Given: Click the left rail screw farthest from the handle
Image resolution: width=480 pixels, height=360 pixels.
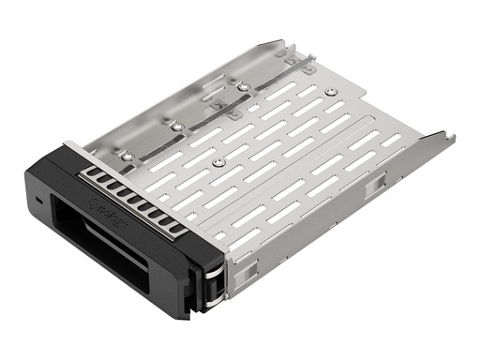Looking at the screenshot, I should (243, 86).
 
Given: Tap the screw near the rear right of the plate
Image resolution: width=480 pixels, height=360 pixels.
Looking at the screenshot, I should (331, 91).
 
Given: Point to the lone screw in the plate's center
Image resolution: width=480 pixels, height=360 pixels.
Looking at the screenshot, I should (218, 162).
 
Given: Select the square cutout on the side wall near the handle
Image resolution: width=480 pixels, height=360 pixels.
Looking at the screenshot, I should (244, 265).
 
